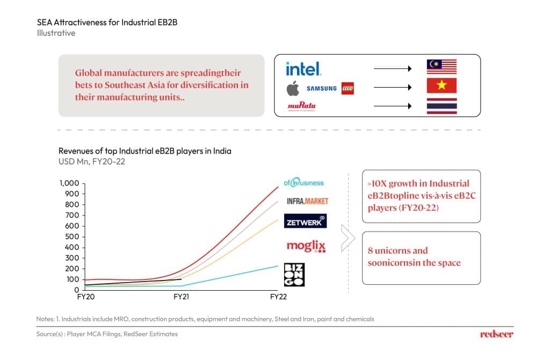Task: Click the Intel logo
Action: tap(303, 69)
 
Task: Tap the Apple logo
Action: tap(293, 88)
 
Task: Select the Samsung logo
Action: tap(322, 89)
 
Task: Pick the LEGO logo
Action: tap(348, 89)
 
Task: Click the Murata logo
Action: tap(302, 106)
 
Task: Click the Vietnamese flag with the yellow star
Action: tap(442, 86)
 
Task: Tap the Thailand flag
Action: tap(442, 106)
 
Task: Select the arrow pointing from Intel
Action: tap(392, 68)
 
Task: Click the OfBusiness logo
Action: tap(304, 183)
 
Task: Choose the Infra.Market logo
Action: tap(307, 201)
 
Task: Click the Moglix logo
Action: tap(306, 247)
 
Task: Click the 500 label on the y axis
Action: tap(73, 236)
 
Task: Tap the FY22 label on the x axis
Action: tap(278, 297)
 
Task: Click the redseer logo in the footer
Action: tap(496, 334)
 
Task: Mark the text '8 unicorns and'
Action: tap(397, 250)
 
